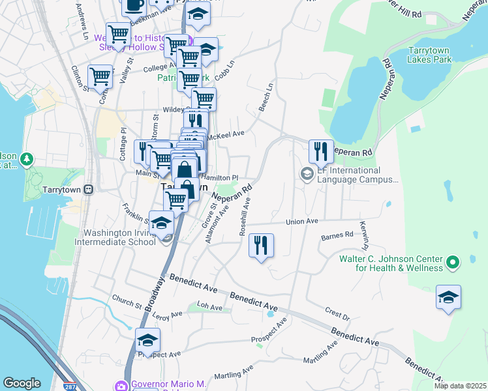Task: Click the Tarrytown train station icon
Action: tap(89, 190)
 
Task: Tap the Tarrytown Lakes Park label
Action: tap(429, 55)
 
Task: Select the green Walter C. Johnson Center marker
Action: tap(451, 263)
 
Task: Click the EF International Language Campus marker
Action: tap(306, 174)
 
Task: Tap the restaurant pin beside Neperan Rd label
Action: tap(321, 152)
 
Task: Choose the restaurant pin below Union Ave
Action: tap(261, 246)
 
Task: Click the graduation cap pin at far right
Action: tap(448, 297)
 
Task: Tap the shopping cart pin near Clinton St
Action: tap(100, 77)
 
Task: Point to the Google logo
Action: tap(22, 383)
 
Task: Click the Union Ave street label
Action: tap(301, 222)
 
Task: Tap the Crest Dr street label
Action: tap(337, 314)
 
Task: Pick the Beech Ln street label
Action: tap(266, 96)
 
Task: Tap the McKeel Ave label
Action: tap(228, 134)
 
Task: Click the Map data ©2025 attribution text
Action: tap(460, 386)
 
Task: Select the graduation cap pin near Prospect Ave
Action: tap(147, 341)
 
